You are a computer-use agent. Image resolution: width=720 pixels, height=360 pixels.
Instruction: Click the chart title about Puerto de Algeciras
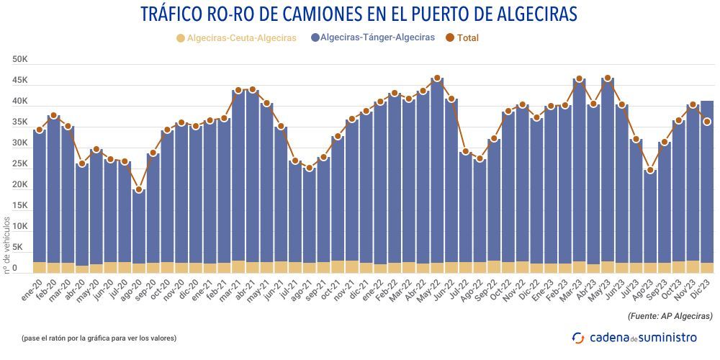[359, 14]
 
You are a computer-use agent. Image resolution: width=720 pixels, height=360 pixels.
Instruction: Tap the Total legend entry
[462, 37]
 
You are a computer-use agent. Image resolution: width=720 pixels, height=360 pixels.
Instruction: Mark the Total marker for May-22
[436, 78]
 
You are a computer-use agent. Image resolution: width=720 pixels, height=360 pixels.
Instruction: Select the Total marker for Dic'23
[707, 122]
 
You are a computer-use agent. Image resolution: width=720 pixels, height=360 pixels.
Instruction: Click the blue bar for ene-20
[40, 194]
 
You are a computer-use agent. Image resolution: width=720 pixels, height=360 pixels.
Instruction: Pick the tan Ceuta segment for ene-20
[40, 267]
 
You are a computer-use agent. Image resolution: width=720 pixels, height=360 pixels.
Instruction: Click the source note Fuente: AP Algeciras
[670, 315]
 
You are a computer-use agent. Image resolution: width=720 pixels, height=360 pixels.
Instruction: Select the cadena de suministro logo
[634, 337]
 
